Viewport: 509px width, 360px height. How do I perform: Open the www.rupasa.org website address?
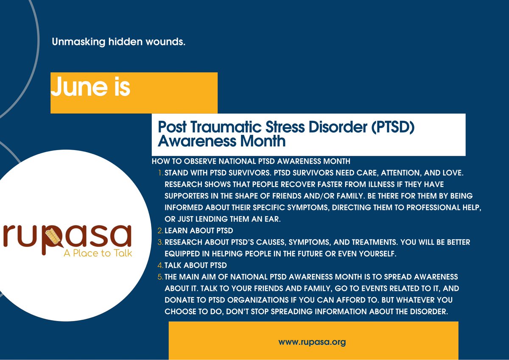coord(312,342)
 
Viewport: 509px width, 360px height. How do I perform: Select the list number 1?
coord(160,173)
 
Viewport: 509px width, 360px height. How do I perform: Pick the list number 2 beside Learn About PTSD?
coord(160,231)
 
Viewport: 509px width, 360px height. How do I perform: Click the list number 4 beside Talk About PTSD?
coord(160,265)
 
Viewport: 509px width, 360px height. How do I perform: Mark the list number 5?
coord(160,277)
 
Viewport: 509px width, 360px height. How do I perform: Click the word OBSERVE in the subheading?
coord(199,162)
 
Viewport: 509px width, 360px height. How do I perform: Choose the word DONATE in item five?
coord(179,300)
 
